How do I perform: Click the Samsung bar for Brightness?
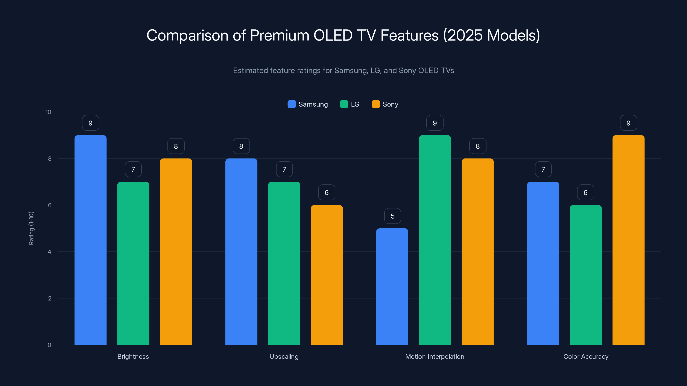tap(90, 240)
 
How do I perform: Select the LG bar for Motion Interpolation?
tap(435, 240)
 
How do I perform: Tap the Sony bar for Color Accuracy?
tap(628, 240)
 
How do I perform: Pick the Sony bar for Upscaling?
tap(327, 274)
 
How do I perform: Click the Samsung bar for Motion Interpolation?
tap(392, 286)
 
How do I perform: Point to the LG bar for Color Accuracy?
tap(586, 274)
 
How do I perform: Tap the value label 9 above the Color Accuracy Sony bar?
tap(628, 123)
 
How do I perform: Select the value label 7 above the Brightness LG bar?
tap(133, 169)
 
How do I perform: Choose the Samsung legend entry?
tap(308, 104)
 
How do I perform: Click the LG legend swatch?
tap(344, 104)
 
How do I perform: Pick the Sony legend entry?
tap(385, 104)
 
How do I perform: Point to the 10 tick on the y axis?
tap(48, 112)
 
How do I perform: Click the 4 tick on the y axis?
tap(49, 252)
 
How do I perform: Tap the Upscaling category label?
tap(284, 356)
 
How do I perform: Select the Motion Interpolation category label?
tap(435, 356)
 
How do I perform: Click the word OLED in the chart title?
tap(333, 35)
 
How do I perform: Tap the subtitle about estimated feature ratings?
tap(343, 71)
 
